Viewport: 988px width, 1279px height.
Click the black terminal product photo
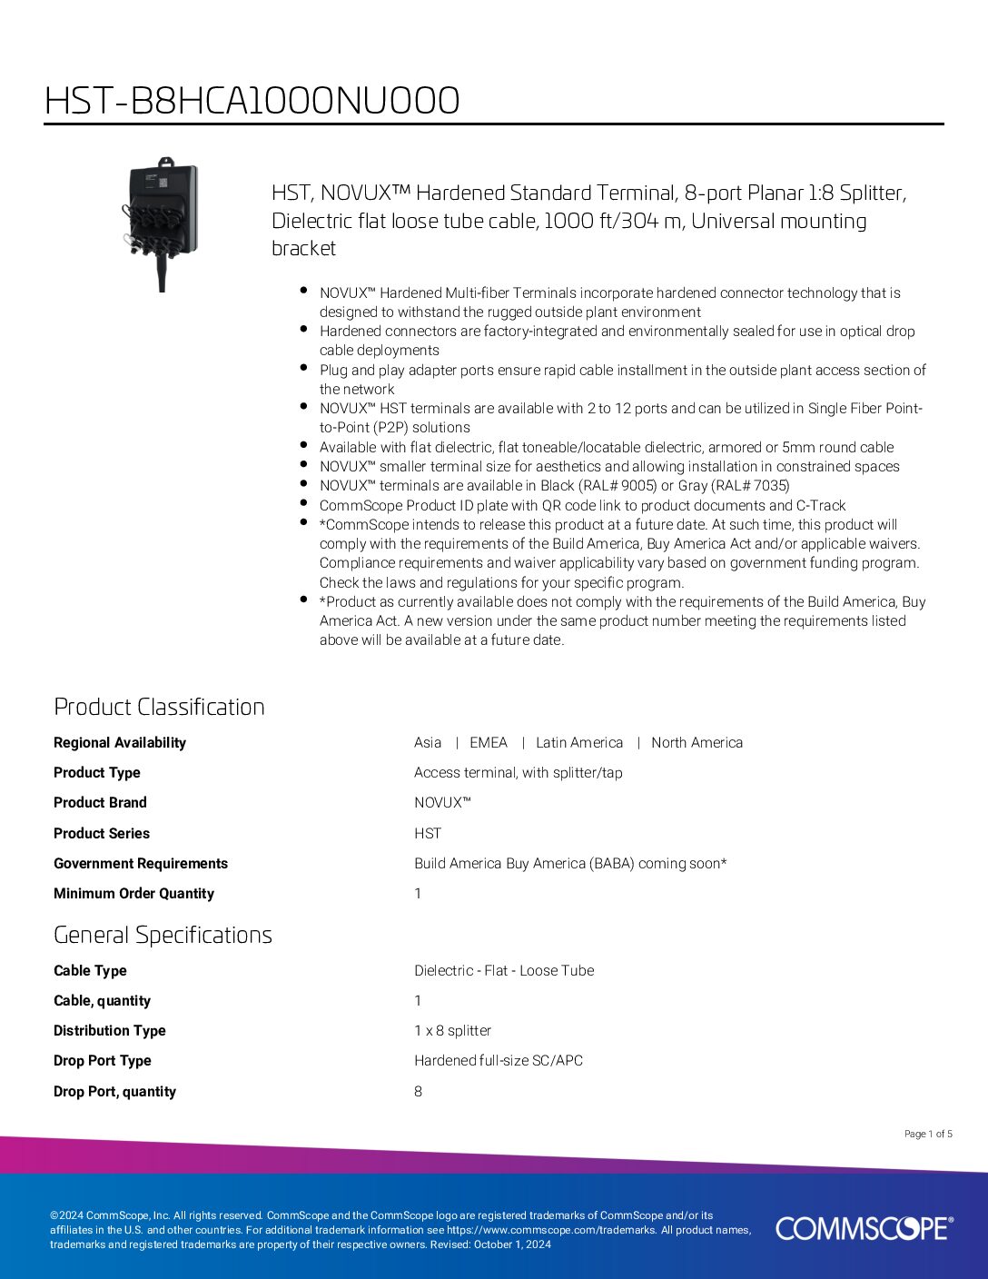tap(162, 222)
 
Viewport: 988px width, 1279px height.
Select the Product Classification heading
tap(159, 707)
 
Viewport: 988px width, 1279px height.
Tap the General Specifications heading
tap(163, 935)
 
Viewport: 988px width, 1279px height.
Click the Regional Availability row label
tap(119, 742)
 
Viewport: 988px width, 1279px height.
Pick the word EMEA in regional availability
tap(489, 742)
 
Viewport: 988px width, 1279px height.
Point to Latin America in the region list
tap(579, 742)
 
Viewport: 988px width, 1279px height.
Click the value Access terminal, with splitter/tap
tap(518, 772)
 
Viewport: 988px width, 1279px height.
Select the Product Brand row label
tap(100, 802)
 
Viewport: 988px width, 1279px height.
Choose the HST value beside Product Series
tap(428, 833)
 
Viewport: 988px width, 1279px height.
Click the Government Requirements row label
tap(141, 863)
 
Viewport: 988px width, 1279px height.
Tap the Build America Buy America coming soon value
tap(570, 863)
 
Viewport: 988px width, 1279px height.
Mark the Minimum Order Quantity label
tap(133, 893)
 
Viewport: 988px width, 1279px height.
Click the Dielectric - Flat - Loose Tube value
tap(504, 970)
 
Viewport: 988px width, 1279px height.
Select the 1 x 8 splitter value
tap(452, 1030)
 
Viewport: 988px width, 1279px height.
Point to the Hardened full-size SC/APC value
tap(499, 1060)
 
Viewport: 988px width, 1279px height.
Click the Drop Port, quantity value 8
tap(418, 1091)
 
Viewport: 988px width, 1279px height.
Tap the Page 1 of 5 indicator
tap(928, 1134)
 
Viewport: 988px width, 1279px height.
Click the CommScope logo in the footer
tap(864, 1228)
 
